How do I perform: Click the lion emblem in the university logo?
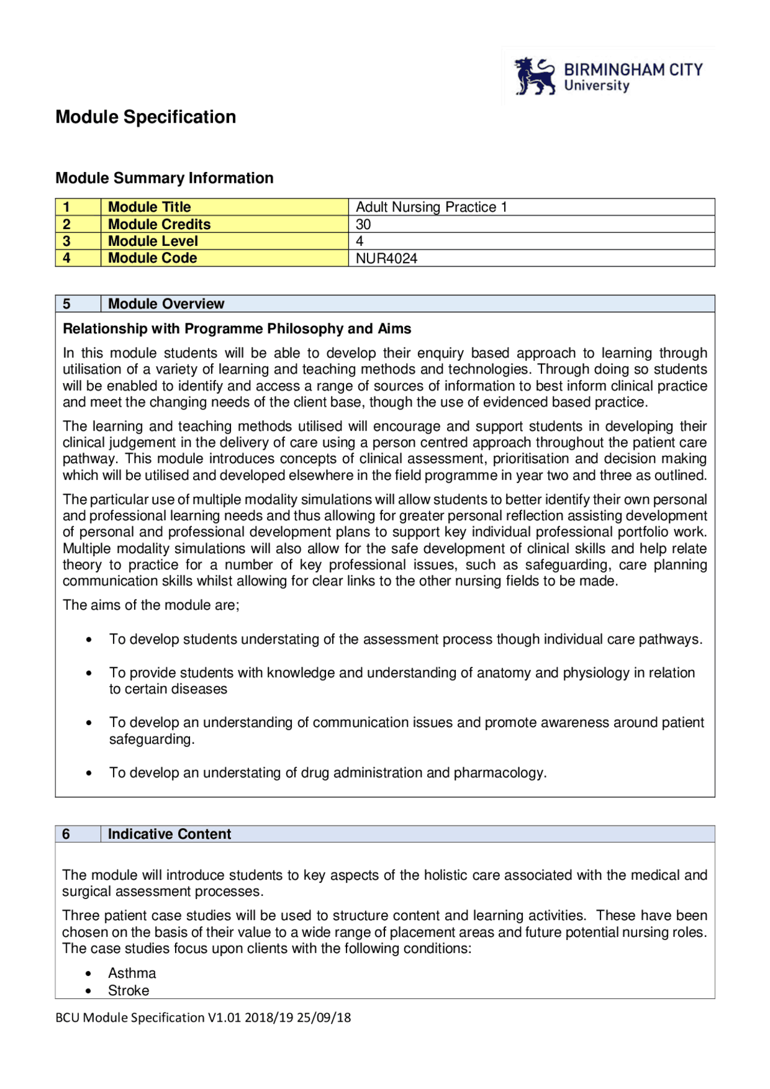point(534,76)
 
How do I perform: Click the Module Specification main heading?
point(146,117)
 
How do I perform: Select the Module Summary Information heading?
point(164,178)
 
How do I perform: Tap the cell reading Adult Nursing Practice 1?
point(431,207)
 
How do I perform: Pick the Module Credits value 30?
point(363,224)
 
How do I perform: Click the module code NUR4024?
point(386,259)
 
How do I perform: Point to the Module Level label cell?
point(153,241)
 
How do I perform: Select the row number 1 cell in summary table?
point(67,207)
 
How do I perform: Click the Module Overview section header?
point(166,304)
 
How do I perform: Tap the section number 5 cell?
point(67,304)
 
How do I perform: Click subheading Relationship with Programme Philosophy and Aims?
point(237,329)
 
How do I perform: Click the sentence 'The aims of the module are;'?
point(151,605)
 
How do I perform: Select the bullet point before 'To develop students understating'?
point(89,640)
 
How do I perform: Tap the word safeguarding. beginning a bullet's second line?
point(152,739)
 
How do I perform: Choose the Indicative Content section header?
point(169,834)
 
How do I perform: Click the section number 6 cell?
point(66,834)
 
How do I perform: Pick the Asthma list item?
point(132,973)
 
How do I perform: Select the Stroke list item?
point(129,990)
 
